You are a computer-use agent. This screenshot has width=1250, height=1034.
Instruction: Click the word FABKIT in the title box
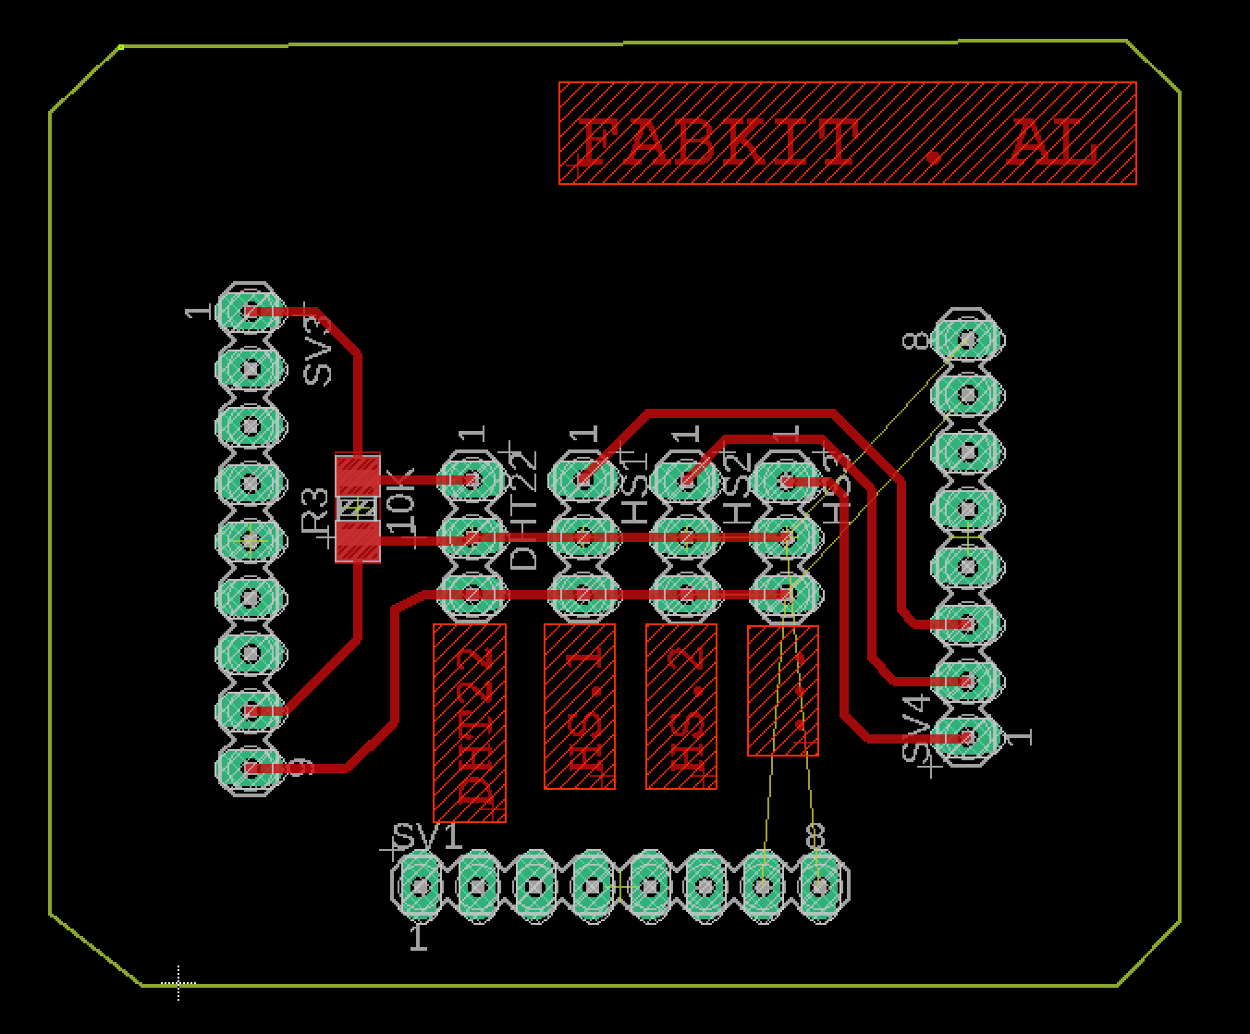point(717,143)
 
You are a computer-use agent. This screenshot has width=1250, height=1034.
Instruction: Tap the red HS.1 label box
point(580,707)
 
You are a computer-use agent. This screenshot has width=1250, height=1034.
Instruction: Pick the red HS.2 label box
point(681,707)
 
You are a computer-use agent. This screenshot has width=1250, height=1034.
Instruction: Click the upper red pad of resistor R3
point(357,474)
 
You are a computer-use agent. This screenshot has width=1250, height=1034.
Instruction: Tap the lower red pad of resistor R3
point(357,542)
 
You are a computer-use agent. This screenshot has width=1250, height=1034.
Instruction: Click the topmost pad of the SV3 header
point(251,312)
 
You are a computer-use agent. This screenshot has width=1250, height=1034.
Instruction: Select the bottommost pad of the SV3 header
point(251,768)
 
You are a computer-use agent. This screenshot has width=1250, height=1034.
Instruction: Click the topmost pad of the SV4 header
point(967,339)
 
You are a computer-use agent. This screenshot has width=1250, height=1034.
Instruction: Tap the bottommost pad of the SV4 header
point(967,737)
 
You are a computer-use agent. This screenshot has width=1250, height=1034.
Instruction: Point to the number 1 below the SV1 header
point(419,938)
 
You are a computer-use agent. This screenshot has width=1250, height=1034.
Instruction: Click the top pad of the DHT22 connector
point(472,480)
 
